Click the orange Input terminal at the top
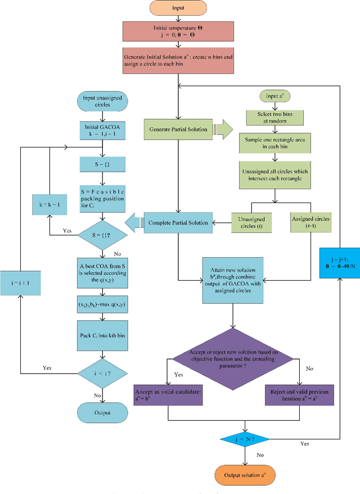click(177, 9)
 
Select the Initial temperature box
click(177, 32)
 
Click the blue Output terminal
click(101, 412)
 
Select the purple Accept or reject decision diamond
click(233, 357)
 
